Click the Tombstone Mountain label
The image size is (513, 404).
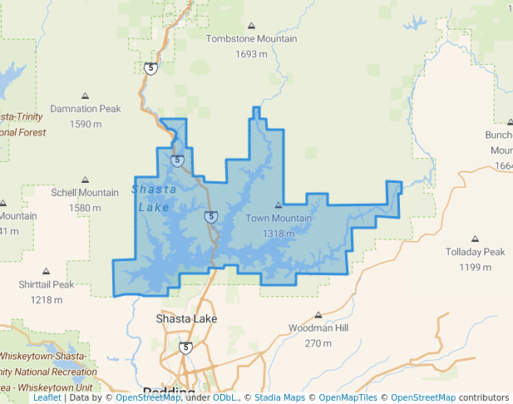pyautogui.click(x=251, y=39)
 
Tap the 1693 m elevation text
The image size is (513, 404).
pyautogui.click(x=251, y=54)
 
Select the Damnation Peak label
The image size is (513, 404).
pyautogui.click(x=86, y=109)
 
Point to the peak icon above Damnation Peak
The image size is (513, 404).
pyautogui.click(x=86, y=96)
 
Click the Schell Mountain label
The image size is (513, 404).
pyautogui.click(x=85, y=193)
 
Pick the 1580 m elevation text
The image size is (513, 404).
pyautogui.click(x=85, y=208)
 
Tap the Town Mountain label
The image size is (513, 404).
pyautogui.click(x=279, y=219)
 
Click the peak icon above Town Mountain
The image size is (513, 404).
pyautogui.click(x=279, y=205)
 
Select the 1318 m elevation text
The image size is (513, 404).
pyautogui.click(x=279, y=234)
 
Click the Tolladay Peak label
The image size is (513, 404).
pyautogui.click(x=475, y=252)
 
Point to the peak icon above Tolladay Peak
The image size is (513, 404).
pyautogui.click(x=475, y=239)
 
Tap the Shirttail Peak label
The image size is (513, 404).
pyautogui.click(x=46, y=284)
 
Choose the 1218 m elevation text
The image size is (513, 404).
pyautogui.click(x=47, y=299)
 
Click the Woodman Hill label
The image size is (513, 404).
pyautogui.click(x=318, y=328)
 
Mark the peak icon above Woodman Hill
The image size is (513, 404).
pyautogui.click(x=318, y=315)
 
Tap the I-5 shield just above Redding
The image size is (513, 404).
pyautogui.click(x=185, y=347)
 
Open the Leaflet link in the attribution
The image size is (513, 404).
pyautogui.click(x=47, y=397)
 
